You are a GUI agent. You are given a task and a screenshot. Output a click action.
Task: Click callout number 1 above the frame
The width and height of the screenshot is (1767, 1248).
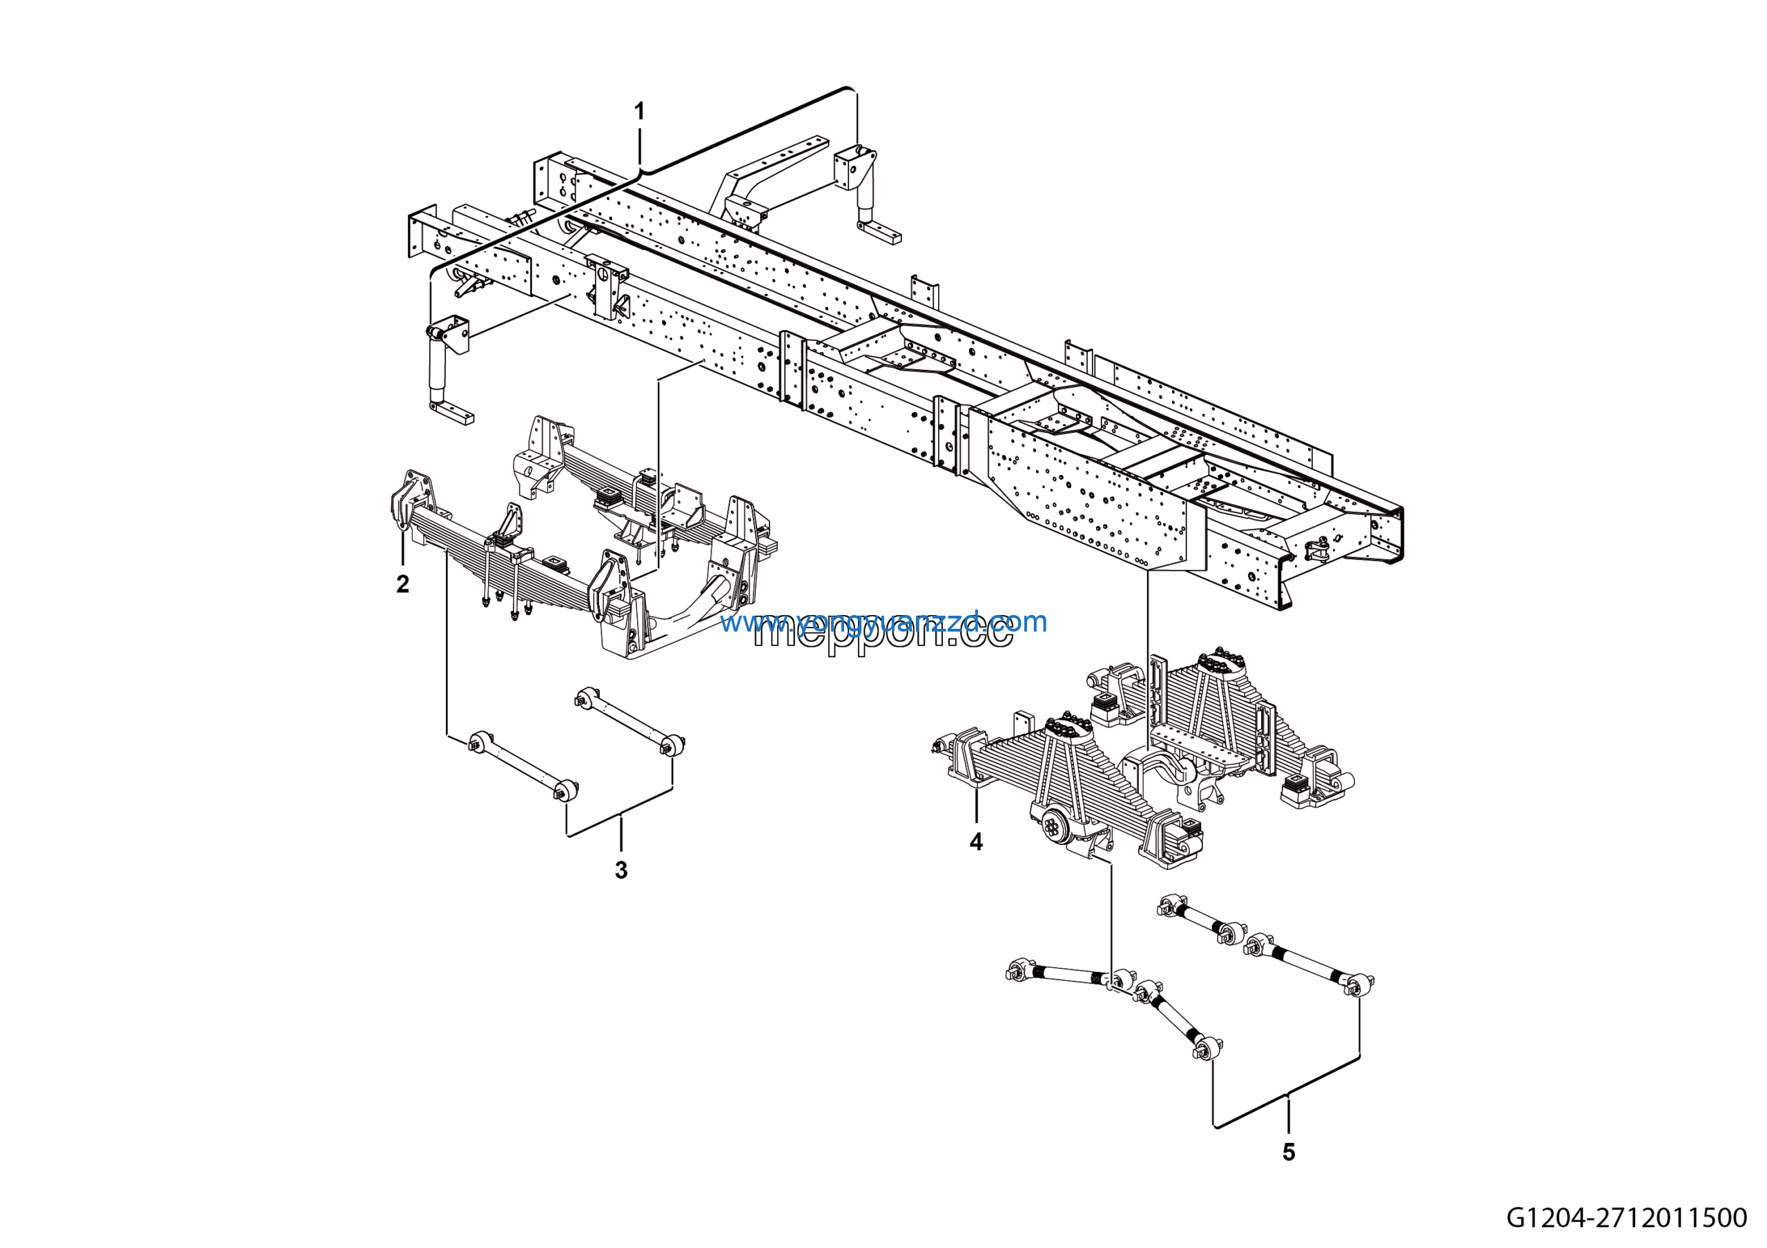(638, 113)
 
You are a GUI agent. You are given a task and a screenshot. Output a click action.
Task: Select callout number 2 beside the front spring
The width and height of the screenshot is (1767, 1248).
(402, 584)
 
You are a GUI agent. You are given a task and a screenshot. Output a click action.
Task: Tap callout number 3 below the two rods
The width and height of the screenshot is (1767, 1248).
(621, 870)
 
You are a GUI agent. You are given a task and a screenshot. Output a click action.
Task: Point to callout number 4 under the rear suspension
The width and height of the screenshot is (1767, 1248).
(976, 841)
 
